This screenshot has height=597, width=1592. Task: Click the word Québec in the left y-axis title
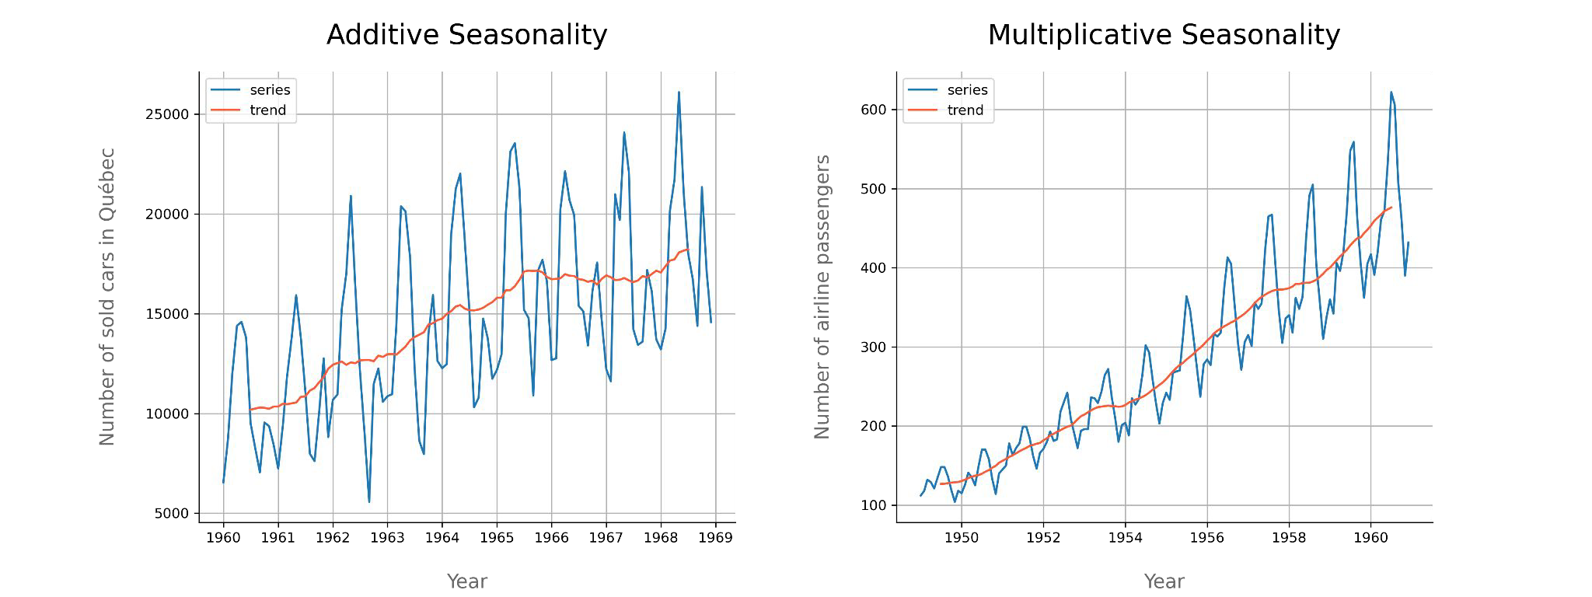click(107, 184)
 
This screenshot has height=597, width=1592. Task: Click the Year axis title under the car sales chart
click(467, 581)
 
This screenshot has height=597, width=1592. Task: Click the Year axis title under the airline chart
click(1164, 581)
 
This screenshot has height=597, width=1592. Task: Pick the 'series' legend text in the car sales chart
click(270, 90)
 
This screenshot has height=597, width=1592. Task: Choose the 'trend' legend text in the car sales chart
click(267, 110)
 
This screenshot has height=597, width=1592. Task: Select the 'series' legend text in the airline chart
click(967, 90)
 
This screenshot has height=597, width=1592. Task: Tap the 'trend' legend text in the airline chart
click(965, 110)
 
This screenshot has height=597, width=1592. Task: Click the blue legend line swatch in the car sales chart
click(225, 90)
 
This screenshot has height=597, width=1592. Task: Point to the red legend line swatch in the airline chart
click(922, 110)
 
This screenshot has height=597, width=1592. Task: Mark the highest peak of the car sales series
click(679, 93)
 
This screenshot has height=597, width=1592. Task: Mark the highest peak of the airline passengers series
click(1391, 93)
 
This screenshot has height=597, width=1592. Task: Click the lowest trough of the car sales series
click(369, 501)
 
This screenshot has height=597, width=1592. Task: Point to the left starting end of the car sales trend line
click(250, 410)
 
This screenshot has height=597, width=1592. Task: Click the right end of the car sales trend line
click(688, 250)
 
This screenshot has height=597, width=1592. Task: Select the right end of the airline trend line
click(1391, 208)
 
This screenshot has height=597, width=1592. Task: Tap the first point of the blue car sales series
click(223, 483)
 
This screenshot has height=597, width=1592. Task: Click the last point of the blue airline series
click(1408, 243)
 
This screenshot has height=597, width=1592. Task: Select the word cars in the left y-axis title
click(107, 274)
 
